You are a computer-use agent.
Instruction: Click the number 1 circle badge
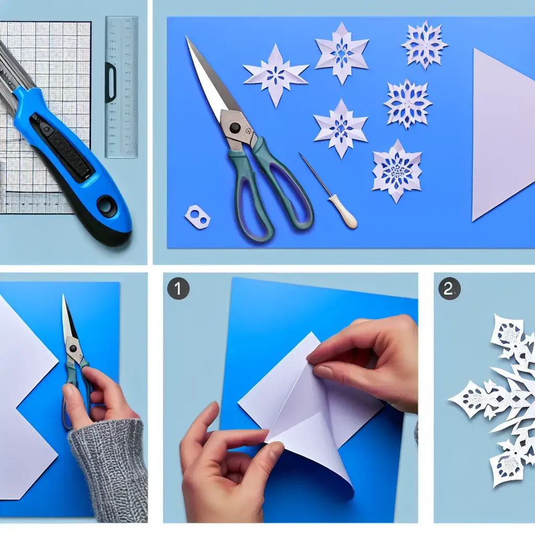pyautogui.click(x=178, y=288)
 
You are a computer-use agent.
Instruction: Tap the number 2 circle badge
pyautogui.click(x=449, y=288)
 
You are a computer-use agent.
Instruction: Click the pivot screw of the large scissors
pyautogui.click(x=235, y=128)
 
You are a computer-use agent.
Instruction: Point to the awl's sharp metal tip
pyautogui.click(x=299, y=154)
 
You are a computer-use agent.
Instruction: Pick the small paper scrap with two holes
pyautogui.click(x=197, y=216)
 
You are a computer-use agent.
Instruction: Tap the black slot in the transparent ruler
pyautogui.click(x=111, y=83)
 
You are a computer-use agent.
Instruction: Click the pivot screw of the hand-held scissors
pyautogui.click(x=72, y=348)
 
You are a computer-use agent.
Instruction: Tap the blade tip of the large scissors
pyautogui.click(x=187, y=37)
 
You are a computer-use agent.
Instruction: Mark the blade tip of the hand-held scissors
pyautogui.click(x=63, y=295)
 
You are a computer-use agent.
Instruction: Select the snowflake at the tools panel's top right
pyautogui.click(x=424, y=45)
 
